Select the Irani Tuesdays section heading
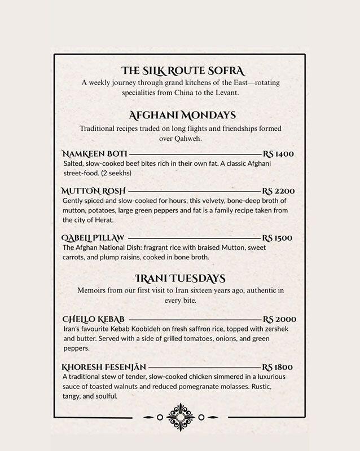pyautogui.click(x=181, y=278)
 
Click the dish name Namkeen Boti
pyautogui.click(x=94, y=153)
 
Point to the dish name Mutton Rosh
pyautogui.click(x=94, y=191)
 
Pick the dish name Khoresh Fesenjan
pyautogui.click(x=104, y=366)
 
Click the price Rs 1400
pyautogui.click(x=279, y=153)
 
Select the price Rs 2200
pyautogui.click(x=279, y=191)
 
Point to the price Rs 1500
pyautogui.click(x=279, y=237)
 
